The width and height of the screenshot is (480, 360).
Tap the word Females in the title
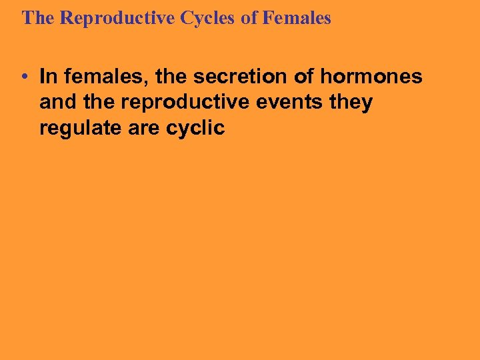coord(297,18)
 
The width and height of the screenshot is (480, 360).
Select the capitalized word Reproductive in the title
coord(117,18)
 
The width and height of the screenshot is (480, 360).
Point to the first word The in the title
coord(39,18)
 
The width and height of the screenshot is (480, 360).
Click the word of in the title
coord(249,18)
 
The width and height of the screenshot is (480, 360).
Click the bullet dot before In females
coord(23,77)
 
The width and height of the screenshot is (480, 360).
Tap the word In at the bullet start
coord(48,77)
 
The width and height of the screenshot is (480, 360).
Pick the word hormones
coord(371,77)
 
